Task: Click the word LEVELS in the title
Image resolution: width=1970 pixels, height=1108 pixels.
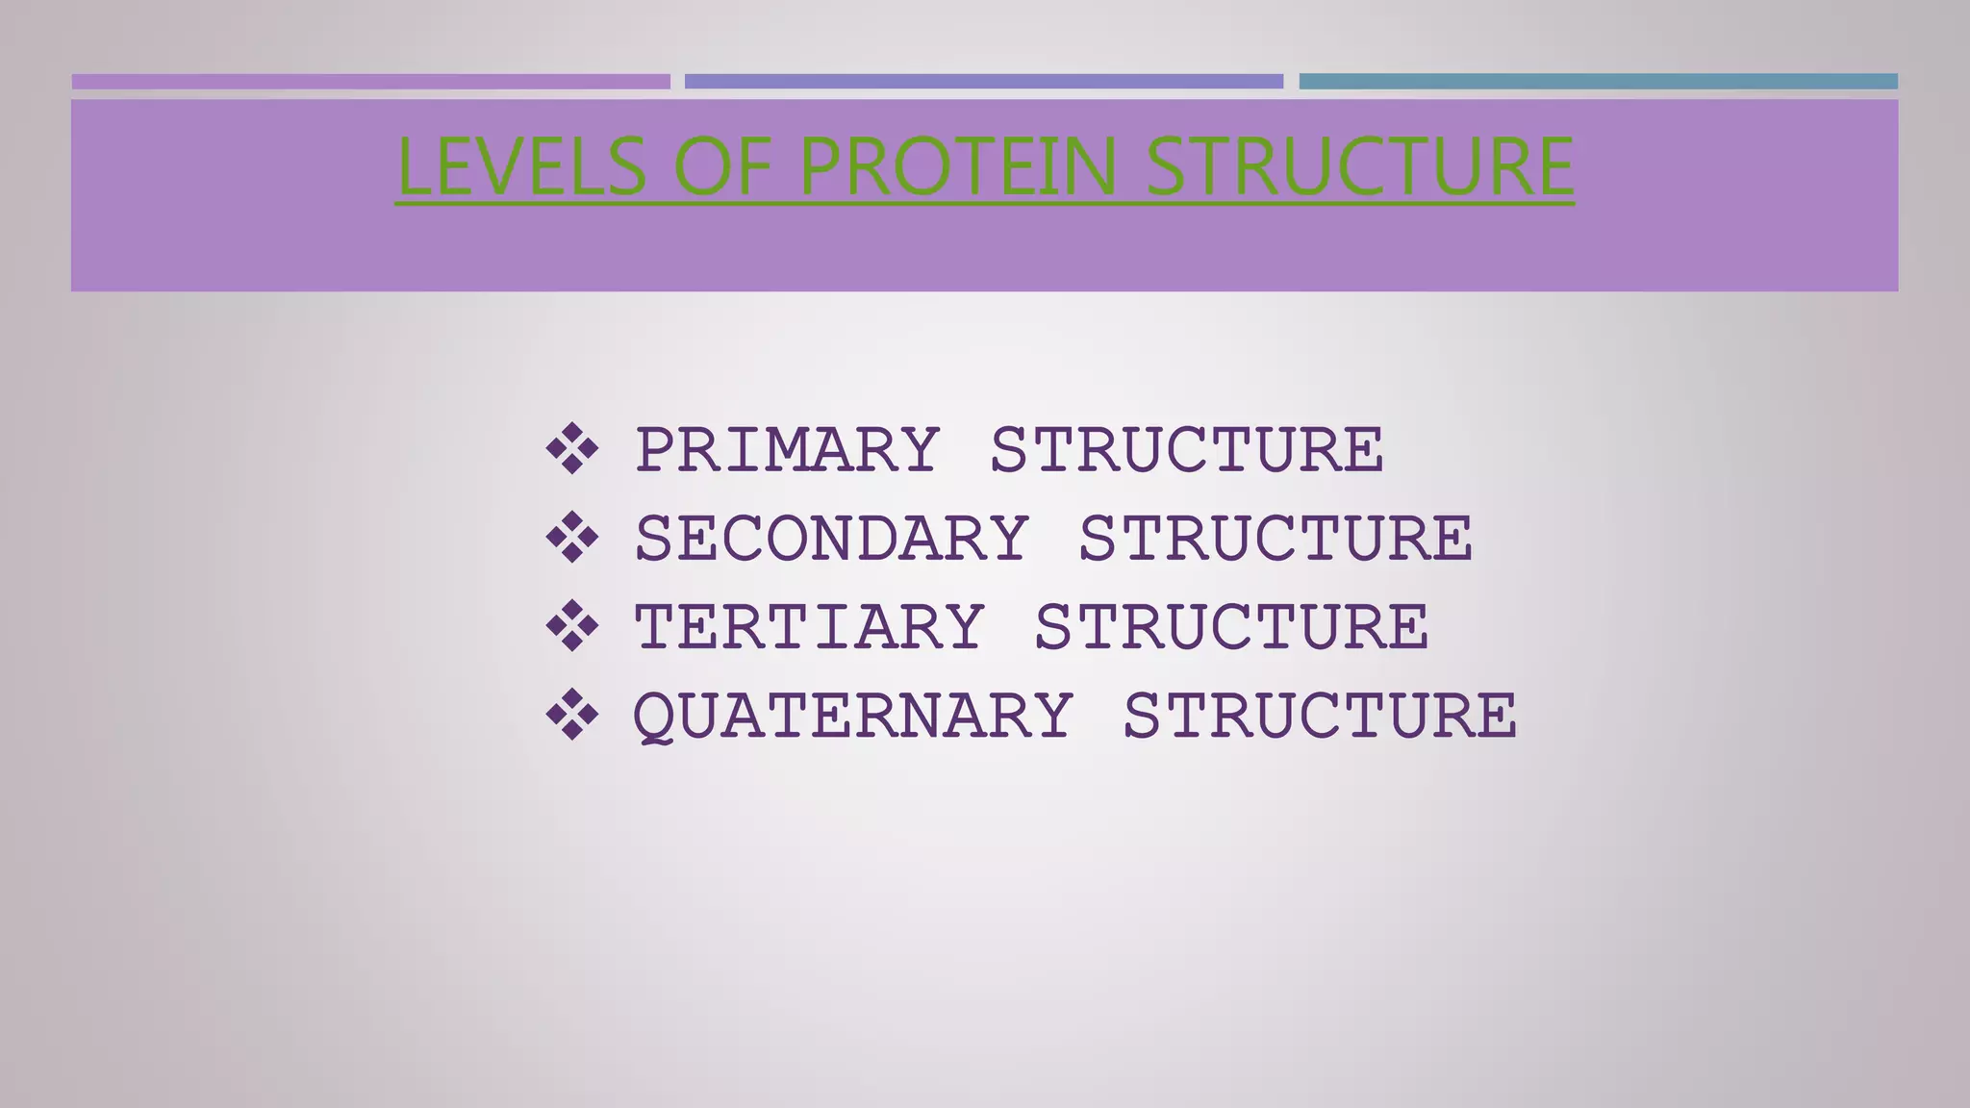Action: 520,166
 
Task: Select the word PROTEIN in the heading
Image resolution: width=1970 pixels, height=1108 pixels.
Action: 958,166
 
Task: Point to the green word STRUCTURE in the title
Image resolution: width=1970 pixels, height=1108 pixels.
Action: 1359,166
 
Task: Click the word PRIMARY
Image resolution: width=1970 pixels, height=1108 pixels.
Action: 787,449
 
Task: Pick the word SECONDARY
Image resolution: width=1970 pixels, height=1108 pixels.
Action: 831,538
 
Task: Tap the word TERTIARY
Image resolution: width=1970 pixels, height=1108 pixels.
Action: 809,627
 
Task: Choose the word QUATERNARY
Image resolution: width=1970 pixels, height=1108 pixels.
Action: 853,717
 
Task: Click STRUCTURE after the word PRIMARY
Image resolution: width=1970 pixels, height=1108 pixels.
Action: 1186,449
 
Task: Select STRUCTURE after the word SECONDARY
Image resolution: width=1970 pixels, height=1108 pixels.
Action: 1275,538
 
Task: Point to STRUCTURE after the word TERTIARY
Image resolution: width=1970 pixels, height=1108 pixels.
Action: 1231,627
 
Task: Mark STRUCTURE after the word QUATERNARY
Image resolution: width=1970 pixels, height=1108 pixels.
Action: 1320,717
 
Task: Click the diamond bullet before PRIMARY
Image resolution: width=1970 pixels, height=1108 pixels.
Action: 572,449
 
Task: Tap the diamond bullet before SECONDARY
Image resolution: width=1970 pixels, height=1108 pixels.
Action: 572,537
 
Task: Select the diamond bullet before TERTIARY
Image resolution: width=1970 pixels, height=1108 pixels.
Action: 572,626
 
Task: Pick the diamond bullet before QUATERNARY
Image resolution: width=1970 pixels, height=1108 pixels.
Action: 572,715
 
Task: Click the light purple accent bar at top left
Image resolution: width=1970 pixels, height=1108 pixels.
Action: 370,82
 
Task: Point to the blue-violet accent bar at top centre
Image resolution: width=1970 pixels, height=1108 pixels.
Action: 983,82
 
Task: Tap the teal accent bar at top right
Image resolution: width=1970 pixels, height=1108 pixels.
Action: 1598,82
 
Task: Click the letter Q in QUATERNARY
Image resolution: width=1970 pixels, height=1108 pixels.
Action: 653,718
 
